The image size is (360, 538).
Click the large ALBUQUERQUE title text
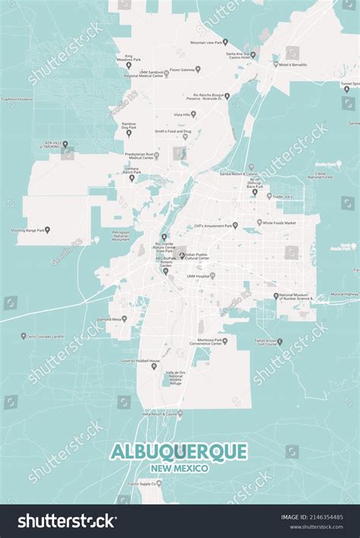[179, 451]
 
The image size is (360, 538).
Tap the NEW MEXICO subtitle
[179, 468]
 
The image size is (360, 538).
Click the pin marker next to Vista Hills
[193, 114]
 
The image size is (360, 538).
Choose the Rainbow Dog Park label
[128, 125]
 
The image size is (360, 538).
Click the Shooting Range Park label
[31, 229]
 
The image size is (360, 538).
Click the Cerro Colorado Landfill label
[47, 336]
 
